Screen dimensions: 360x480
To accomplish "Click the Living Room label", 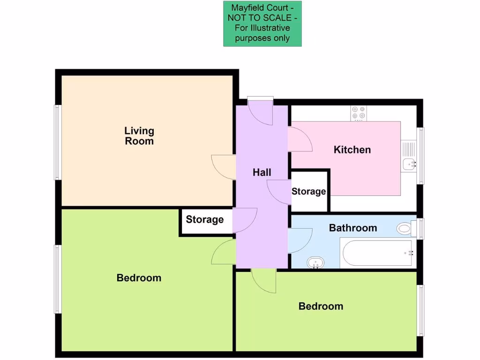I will point(139,135).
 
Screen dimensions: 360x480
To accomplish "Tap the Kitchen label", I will point(352,150).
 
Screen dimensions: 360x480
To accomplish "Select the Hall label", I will point(262,172).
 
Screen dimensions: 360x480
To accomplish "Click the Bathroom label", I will point(353,228).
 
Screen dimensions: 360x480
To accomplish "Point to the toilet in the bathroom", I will point(405,229).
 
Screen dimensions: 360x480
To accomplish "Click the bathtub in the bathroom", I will point(377,253).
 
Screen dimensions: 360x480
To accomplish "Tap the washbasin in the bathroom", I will point(316,262).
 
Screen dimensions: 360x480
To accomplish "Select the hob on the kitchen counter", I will point(359,113).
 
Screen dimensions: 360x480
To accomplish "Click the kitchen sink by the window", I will point(409,164).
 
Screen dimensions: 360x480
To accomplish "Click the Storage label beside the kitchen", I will point(308,192).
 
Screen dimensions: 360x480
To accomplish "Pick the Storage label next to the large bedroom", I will point(204,219).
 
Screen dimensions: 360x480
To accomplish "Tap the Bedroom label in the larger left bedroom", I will point(139,278).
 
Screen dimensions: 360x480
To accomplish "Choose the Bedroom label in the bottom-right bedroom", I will point(321,306).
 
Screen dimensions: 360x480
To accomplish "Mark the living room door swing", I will point(223,167).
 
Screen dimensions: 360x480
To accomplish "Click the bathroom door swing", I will point(300,240).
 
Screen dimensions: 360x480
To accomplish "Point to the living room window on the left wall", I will point(57,142).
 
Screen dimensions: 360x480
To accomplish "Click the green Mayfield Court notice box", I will point(262,23).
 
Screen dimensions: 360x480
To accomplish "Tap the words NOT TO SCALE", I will point(262,18).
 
